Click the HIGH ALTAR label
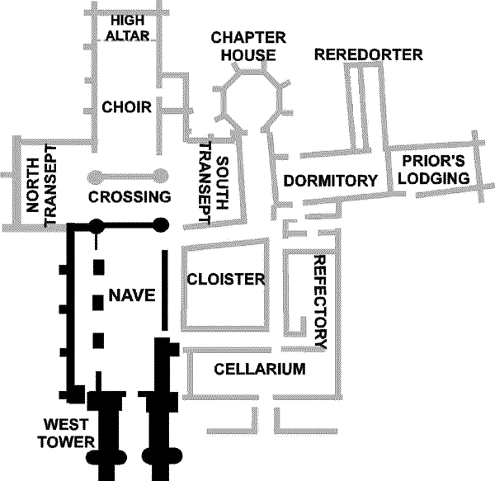tap(129, 26)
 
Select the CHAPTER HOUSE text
tap(247, 46)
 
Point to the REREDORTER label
tap(368, 55)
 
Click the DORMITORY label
tap(330, 181)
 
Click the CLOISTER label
tap(226, 279)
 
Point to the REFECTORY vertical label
tap(322, 301)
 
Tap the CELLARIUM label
tap(260, 369)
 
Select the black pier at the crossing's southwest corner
tap(97, 223)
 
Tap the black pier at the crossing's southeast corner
tap(161, 223)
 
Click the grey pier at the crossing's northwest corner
tap(97, 176)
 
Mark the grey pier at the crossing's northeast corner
tap(161, 176)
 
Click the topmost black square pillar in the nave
tap(100, 267)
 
